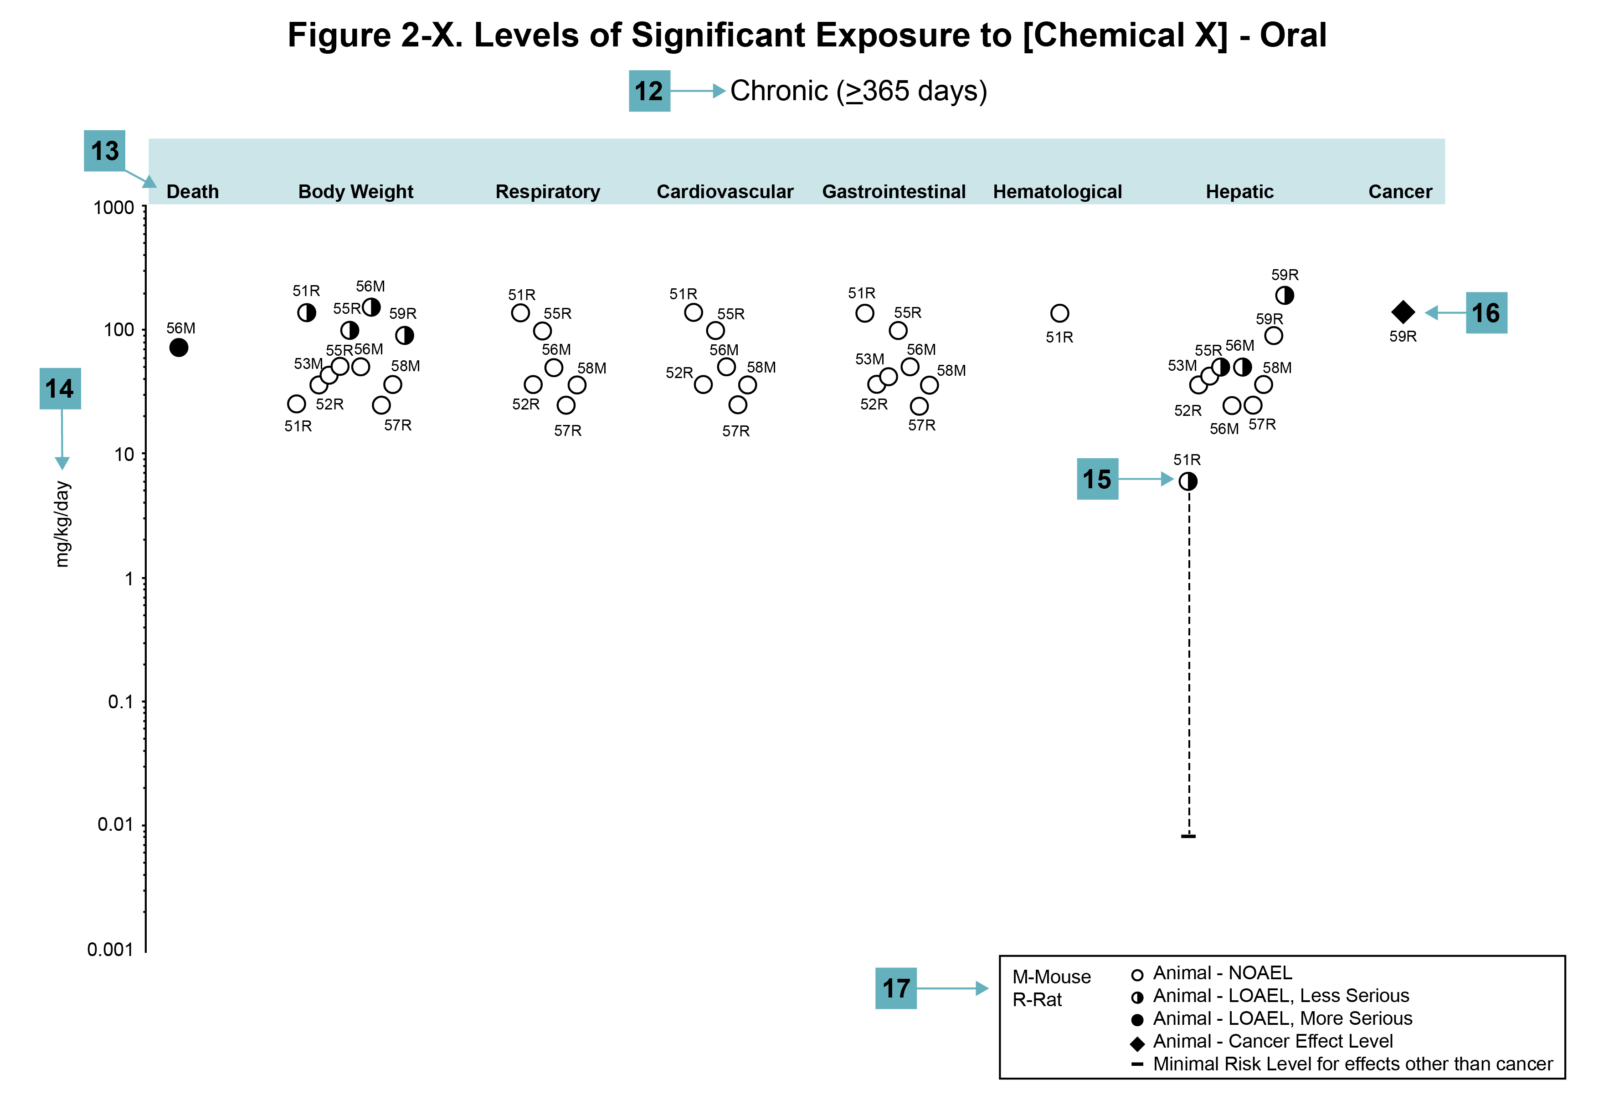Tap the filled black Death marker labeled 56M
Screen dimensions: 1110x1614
[x=179, y=347]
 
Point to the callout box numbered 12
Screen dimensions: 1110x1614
[x=649, y=91]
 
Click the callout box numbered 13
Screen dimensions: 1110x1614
[x=104, y=150]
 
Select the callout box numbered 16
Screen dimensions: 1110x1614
[x=1486, y=312]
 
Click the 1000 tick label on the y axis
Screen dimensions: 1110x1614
[x=113, y=207]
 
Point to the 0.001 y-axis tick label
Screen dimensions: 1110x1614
[x=110, y=949]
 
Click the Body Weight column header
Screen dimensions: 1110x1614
[x=355, y=191]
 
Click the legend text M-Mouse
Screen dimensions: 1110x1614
[x=1051, y=977]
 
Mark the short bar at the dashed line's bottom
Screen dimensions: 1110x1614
[x=1188, y=835]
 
